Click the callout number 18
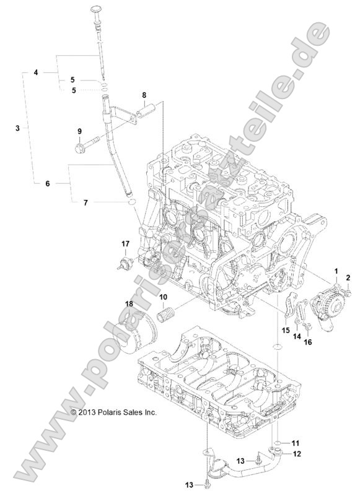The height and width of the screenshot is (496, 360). tap(129, 303)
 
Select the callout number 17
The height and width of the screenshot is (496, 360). tap(125, 243)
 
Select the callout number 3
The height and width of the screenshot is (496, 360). tap(17, 128)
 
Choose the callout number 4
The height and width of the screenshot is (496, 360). tap(36, 72)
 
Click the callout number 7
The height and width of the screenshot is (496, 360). tap(86, 202)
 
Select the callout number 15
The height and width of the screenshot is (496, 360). tap(286, 330)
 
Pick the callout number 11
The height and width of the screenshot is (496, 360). tap(296, 443)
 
